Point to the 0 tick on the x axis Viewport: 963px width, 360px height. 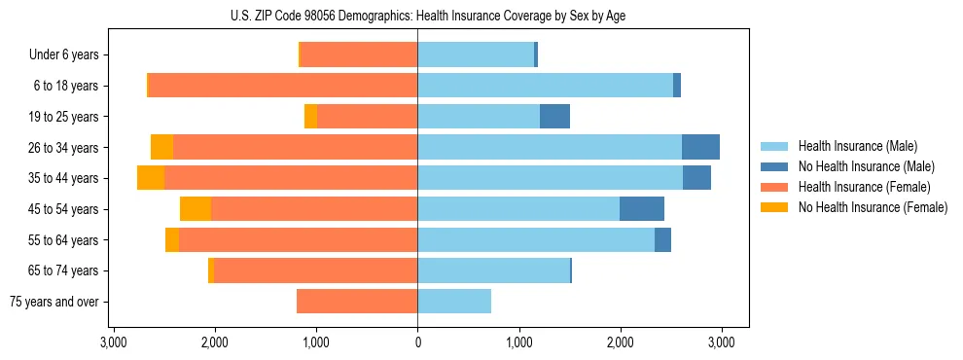coord(417,342)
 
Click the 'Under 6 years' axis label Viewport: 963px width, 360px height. coord(63,55)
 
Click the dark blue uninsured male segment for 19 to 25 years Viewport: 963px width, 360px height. coord(554,117)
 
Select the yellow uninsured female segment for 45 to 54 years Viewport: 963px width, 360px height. coord(196,209)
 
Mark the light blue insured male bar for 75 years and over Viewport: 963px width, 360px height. coord(454,302)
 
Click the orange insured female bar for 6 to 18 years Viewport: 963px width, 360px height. coord(282,86)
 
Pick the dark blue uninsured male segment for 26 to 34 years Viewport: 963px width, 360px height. coord(700,147)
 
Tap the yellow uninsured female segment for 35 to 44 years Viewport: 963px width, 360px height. coord(151,178)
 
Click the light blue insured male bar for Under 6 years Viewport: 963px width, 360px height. coord(476,55)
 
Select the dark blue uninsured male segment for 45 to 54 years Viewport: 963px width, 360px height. coord(642,209)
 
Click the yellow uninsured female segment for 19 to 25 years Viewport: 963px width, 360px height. coord(310,117)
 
